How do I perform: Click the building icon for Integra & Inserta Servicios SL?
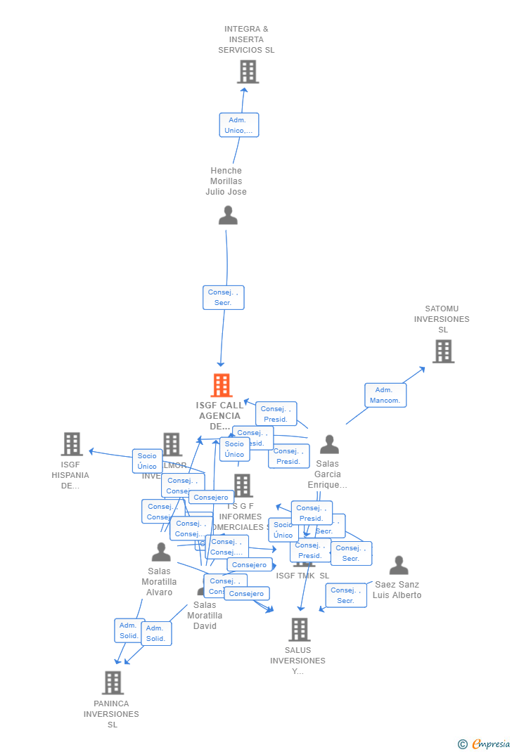pos(248,72)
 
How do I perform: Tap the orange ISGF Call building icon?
pos(222,386)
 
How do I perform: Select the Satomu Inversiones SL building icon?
pos(443,351)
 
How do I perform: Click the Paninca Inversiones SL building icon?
pos(113,682)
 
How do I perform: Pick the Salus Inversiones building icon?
pos(300,630)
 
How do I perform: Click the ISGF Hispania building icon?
pos(72,444)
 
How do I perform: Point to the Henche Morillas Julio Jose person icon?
pos(228,215)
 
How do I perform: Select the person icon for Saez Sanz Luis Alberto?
pos(399,565)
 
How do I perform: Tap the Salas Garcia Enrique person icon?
pos(329,444)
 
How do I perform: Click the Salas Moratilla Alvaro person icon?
pos(161,552)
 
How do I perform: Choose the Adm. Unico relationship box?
pos(239,125)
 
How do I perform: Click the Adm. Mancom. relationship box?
pos(385,395)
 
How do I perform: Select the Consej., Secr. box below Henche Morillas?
pos(224,297)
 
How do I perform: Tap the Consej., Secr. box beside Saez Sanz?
pos(345,595)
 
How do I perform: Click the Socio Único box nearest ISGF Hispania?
pos(147,461)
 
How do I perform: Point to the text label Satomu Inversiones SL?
pos(442,319)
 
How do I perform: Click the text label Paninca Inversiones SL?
pos(111,714)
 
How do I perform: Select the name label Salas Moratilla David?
pos(205,615)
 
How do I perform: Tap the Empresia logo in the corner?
pos(485,744)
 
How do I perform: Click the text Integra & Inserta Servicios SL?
pos(246,39)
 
